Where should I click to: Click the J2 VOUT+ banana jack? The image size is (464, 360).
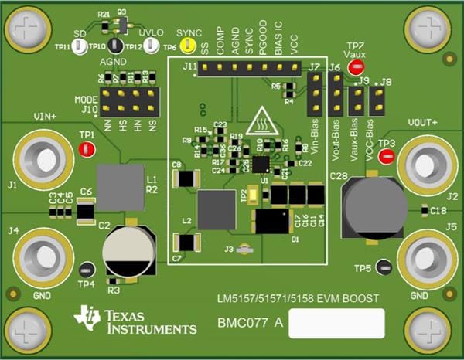[x=425, y=164]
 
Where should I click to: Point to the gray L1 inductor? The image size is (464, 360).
[x=120, y=186]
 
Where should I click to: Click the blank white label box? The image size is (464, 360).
[x=336, y=324]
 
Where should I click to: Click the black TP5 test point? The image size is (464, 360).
[x=385, y=268]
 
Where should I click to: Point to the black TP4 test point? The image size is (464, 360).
[x=87, y=270]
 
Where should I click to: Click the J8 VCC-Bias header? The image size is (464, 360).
[x=377, y=99]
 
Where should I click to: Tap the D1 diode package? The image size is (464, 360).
[x=271, y=222]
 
